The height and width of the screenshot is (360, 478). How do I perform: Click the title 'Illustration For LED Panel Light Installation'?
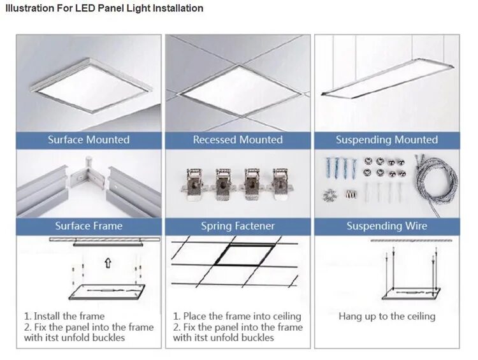click(104, 8)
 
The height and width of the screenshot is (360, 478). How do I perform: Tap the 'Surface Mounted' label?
click(89, 140)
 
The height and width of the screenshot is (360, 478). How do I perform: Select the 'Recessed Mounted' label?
click(238, 140)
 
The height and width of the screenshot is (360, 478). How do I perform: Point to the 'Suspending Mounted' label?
click(387, 140)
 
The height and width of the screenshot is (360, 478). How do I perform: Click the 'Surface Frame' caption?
click(89, 226)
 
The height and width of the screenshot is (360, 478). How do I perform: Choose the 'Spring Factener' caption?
click(238, 226)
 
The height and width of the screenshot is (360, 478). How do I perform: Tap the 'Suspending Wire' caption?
click(387, 226)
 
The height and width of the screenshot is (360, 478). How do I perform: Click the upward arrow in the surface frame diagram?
click(108, 261)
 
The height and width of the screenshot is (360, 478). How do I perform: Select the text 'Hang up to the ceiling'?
click(387, 316)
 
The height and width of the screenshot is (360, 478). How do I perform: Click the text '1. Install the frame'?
click(64, 316)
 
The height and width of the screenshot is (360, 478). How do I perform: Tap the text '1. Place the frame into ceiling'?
click(237, 316)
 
